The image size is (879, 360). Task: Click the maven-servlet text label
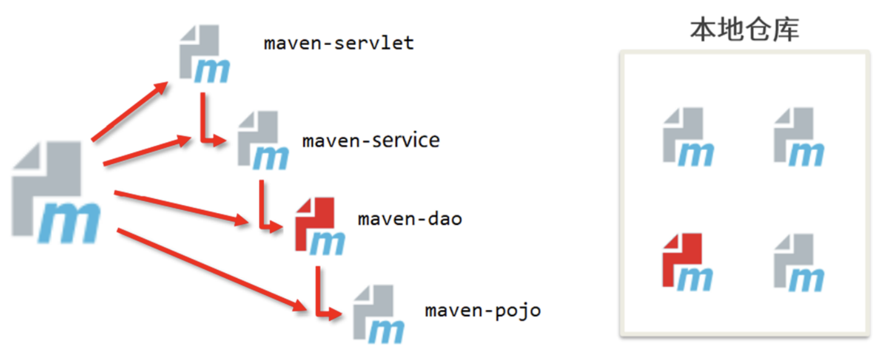(x=339, y=44)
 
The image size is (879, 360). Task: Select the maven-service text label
(x=371, y=140)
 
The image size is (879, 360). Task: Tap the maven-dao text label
(x=410, y=219)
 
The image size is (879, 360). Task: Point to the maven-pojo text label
(x=482, y=309)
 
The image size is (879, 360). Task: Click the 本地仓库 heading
(x=744, y=29)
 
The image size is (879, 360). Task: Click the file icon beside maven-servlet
(x=203, y=54)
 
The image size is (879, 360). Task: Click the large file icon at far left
(x=56, y=191)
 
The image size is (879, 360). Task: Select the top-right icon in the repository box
(x=798, y=137)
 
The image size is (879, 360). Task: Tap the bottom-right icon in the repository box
(x=798, y=262)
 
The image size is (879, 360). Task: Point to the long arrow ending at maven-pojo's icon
(x=210, y=269)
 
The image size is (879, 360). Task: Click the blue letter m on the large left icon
(x=68, y=222)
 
